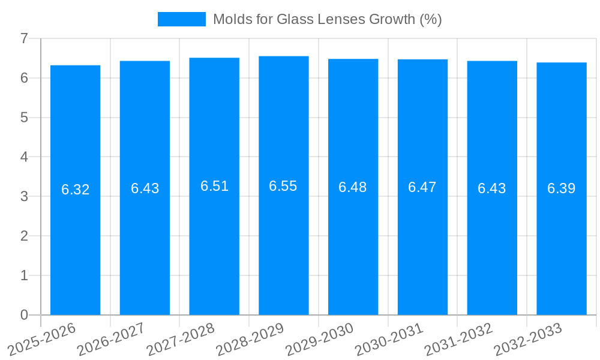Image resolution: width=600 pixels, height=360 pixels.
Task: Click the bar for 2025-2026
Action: tap(75, 252)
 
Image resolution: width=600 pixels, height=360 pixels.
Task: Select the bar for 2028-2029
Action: tap(284, 252)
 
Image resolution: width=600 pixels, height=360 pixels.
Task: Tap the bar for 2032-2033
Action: tap(562, 252)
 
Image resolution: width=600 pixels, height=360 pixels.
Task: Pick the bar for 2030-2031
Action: tap(422, 252)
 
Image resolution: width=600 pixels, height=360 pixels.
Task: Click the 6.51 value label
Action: tap(214, 186)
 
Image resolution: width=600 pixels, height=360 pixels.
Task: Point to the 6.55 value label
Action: tap(283, 186)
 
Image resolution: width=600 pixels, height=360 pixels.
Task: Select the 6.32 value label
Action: tap(75, 190)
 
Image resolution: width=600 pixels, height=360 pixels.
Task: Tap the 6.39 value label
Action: tap(561, 188)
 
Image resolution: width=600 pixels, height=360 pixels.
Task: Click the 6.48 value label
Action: tap(353, 187)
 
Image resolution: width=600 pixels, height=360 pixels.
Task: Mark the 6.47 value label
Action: tap(422, 187)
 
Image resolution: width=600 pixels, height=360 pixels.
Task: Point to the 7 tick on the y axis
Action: tap(24, 38)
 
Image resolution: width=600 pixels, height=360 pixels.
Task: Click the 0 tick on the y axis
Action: tap(24, 315)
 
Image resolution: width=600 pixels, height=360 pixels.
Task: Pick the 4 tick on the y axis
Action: tap(24, 157)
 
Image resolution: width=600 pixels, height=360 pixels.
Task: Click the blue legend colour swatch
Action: tap(181, 19)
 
